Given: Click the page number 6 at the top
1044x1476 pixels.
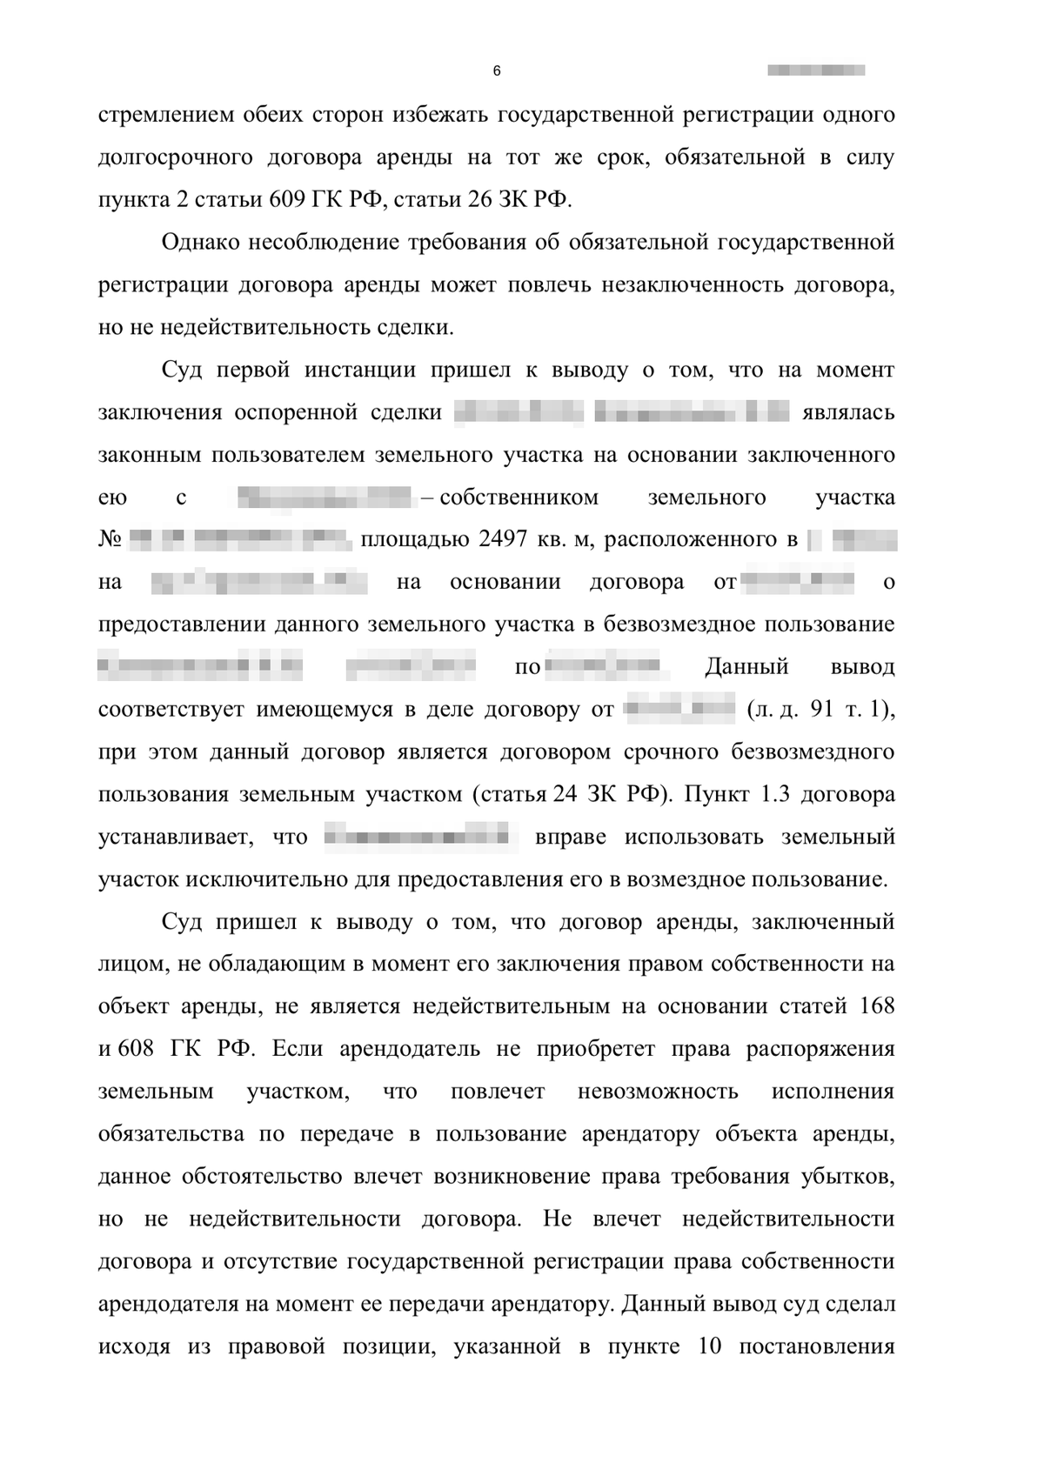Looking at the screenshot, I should tap(497, 71).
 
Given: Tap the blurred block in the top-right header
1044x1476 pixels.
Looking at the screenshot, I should tap(816, 70).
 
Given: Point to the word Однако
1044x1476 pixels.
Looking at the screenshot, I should tap(201, 242).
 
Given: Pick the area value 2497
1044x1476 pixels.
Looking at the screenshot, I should tap(503, 539).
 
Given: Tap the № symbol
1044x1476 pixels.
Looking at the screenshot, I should tap(110, 540).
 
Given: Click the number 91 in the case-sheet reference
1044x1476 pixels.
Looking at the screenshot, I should tap(821, 710).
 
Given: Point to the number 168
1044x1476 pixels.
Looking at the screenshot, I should tap(876, 1007).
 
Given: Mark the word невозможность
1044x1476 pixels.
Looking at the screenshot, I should tap(658, 1092).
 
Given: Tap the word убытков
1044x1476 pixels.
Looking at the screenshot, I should tap(849, 1177).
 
